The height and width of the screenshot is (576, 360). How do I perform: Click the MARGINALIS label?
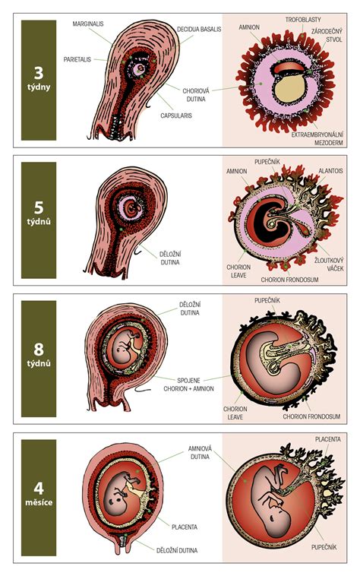[88, 24]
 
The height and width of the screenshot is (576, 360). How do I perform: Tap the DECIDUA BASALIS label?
[199, 30]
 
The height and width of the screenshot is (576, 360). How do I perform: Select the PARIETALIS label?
[77, 59]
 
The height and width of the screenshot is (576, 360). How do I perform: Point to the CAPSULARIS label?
[176, 116]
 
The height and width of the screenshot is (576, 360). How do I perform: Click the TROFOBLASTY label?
[303, 20]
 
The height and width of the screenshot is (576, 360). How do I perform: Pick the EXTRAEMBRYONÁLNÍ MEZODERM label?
[317, 138]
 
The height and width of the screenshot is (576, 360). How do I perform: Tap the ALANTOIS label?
[330, 171]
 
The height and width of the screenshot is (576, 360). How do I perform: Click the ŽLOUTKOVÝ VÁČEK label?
[329, 264]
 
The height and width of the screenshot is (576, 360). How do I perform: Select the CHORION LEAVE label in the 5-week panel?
[238, 271]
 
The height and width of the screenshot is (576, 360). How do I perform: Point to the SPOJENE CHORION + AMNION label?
[188, 385]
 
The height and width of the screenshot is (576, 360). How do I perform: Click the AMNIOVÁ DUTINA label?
[200, 453]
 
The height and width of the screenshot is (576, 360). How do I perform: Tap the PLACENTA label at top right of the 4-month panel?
[328, 439]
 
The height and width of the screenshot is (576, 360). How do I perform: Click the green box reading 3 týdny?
[39, 80]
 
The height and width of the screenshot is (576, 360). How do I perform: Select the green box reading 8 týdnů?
[39, 359]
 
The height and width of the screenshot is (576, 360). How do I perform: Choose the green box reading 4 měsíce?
[39, 498]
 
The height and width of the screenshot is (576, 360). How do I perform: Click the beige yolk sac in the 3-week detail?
[289, 89]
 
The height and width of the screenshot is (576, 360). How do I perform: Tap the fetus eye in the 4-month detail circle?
[272, 517]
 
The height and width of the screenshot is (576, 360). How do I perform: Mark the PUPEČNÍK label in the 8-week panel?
[267, 300]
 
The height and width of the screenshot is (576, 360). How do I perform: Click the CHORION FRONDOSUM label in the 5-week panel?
[289, 280]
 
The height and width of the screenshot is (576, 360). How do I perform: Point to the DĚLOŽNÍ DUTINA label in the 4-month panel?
[177, 550]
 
